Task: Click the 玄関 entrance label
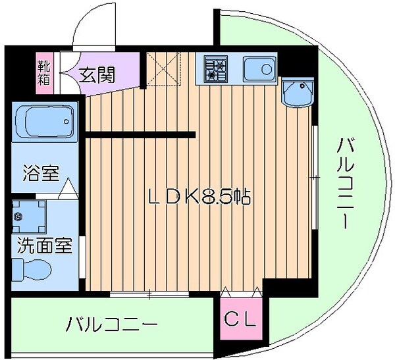(97, 74)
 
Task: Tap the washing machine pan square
(30, 217)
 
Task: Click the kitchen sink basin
(258, 68)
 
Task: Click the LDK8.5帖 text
(197, 196)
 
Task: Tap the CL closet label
(241, 320)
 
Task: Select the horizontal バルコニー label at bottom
(112, 324)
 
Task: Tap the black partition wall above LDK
(140, 136)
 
